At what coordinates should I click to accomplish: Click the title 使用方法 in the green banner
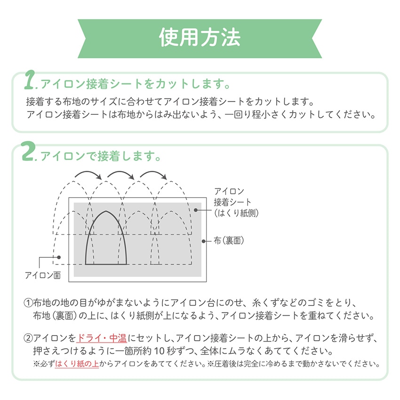pos(200,38)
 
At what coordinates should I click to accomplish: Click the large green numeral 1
pos(29,80)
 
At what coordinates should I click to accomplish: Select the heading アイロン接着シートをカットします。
pos(136,84)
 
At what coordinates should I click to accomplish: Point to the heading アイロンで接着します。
pos(101,156)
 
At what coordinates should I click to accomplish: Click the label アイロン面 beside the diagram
pos(43,275)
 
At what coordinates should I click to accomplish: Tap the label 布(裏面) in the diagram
pos(229,240)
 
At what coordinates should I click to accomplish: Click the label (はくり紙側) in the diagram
pos(236,213)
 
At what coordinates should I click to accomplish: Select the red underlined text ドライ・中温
pos(102,338)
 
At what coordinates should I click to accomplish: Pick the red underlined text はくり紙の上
pos(77,363)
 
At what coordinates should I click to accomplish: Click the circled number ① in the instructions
pos(28,303)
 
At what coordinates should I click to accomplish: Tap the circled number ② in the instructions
pos(28,338)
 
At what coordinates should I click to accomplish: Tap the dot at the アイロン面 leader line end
pos(59,257)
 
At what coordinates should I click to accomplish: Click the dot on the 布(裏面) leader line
pos(204,241)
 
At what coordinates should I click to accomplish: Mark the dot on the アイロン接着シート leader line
pos(196,210)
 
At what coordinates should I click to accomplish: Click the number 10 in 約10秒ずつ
pos(159,351)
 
